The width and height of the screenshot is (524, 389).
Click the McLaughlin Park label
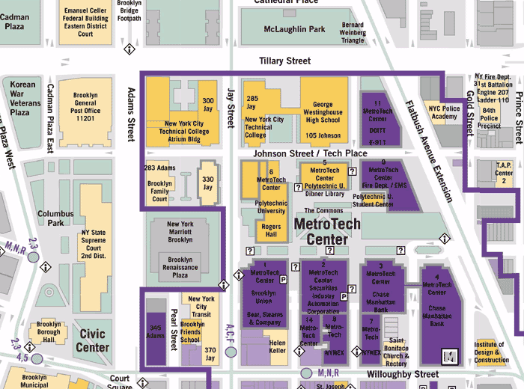coord(294,29)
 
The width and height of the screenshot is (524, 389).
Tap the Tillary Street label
coord(284,61)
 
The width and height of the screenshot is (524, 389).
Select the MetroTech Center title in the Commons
coord(327,231)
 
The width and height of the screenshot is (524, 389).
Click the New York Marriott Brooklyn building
coord(180,233)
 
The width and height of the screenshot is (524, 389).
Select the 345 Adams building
coord(155,332)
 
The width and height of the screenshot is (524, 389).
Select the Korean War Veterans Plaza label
coord(22,98)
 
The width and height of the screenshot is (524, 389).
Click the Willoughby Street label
coord(404,373)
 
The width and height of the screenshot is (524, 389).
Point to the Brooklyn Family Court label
coord(159,192)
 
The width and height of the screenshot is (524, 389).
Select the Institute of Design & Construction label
coord(491,352)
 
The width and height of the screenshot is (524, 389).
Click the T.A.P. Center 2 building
coord(505,173)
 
